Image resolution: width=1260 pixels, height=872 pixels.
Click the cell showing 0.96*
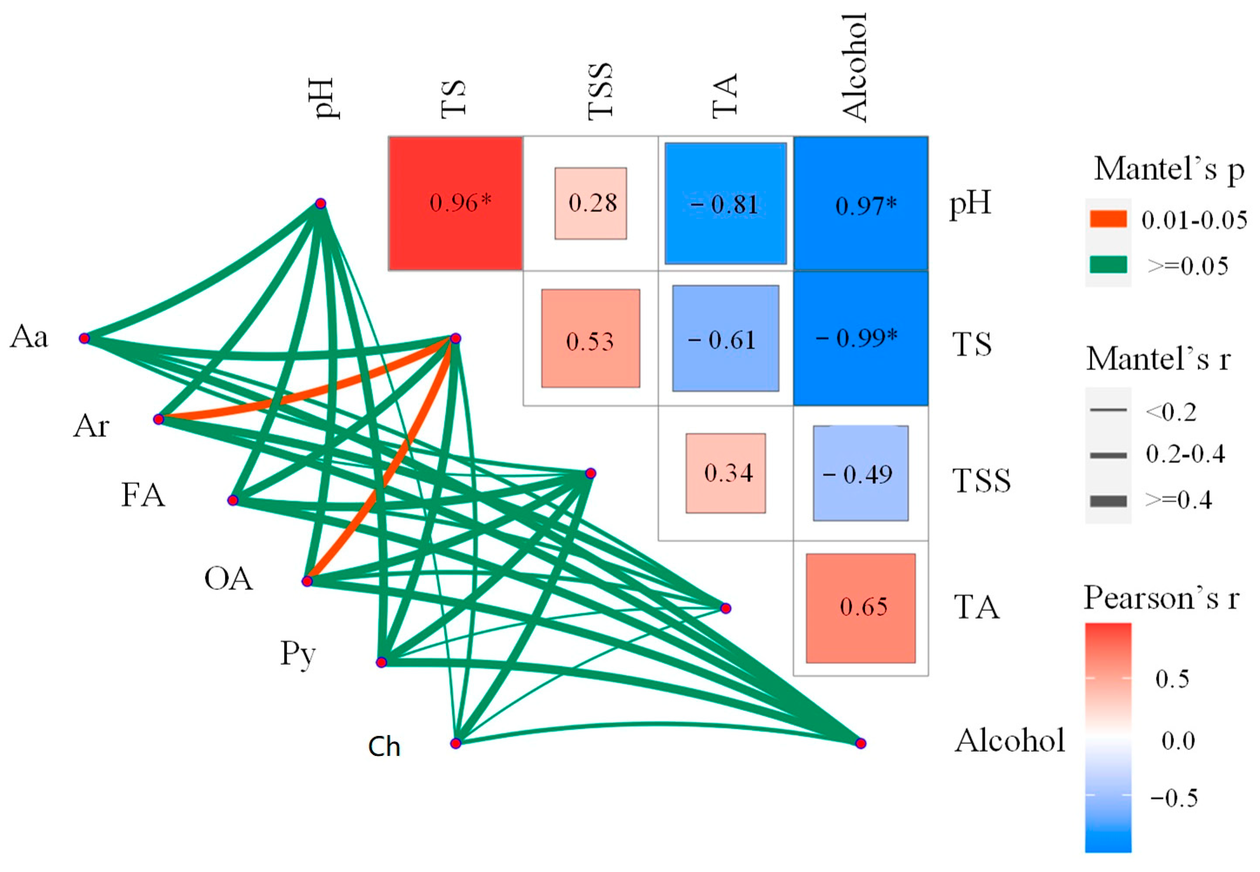click(x=455, y=203)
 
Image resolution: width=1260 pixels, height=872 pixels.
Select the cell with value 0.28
click(x=591, y=203)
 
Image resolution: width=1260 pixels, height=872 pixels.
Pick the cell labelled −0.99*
click(x=860, y=338)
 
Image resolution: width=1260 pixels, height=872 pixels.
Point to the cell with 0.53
click(x=591, y=338)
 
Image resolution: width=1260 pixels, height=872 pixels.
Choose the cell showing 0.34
click(x=726, y=473)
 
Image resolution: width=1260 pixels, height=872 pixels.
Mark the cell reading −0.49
click(x=861, y=473)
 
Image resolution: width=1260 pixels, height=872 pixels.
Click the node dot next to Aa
click(x=84, y=338)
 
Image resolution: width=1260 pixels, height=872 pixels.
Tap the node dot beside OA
click(x=307, y=581)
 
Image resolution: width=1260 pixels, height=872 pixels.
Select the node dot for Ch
click(x=455, y=743)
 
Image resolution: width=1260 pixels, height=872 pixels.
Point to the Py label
click(x=298, y=654)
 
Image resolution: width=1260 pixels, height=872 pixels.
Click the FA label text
click(x=143, y=496)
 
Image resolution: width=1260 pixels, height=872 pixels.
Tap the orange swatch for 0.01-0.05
click(x=1108, y=219)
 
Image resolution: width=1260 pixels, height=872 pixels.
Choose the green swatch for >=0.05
click(x=1108, y=265)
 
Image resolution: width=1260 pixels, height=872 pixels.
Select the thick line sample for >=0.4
click(x=1108, y=501)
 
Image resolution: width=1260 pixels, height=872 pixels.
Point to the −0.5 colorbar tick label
click(x=1174, y=798)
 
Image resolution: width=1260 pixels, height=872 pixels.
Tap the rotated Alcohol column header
click(x=854, y=66)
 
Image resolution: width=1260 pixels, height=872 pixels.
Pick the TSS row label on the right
click(x=981, y=481)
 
